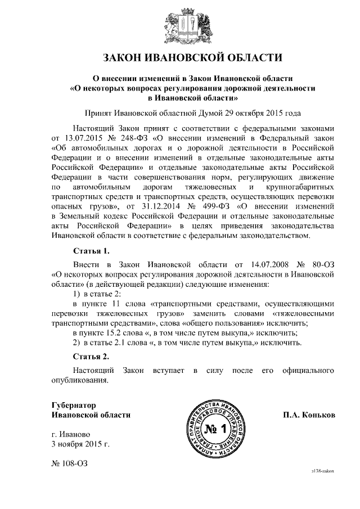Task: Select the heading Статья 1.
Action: [91, 250]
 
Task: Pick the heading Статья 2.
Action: [91, 356]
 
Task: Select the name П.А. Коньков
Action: [309, 415]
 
